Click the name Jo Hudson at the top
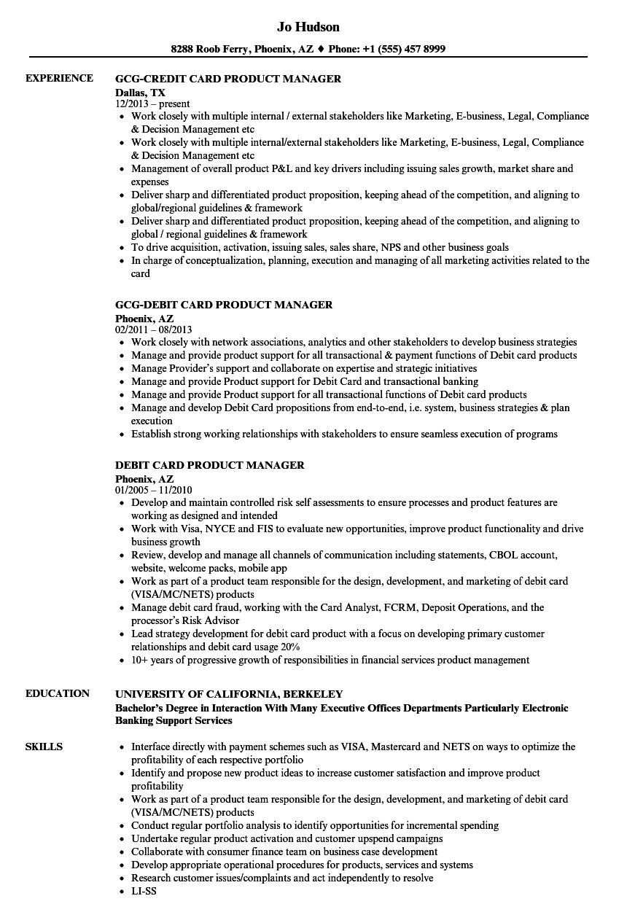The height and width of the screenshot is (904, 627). pyautogui.click(x=308, y=27)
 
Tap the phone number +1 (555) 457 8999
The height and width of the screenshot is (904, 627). pyautogui.click(x=406, y=50)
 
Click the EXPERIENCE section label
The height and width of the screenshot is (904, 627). pyautogui.click(x=59, y=78)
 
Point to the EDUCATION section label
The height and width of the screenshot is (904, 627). pyautogui.click(x=58, y=693)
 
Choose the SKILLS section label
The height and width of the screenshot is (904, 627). pyautogui.click(x=44, y=746)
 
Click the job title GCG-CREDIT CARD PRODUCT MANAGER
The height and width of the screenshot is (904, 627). pyautogui.click(x=228, y=79)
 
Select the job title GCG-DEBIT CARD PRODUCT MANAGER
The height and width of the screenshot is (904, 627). pyautogui.click(x=224, y=305)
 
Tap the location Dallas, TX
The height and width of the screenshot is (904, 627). pyautogui.click(x=140, y=93)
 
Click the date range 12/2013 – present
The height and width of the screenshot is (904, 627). pyautogui.click(x=152, y=104)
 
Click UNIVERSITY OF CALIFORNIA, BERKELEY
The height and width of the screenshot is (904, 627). pyautogui.click(x=229, y=694)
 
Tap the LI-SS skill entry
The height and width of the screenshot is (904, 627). pyautogui.click(x=144, y=891)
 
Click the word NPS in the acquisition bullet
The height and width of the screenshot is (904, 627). pyautogui.click(x=415, y=247)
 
